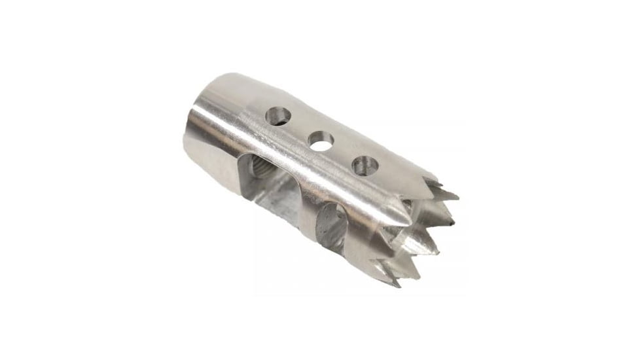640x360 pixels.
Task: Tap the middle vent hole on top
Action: click(x=321, y=141)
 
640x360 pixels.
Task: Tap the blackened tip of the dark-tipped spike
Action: click(x=450, y=223)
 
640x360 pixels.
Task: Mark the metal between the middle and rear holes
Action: click(x=300, y=130)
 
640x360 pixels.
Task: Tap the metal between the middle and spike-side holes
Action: click(x=342, y=153)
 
